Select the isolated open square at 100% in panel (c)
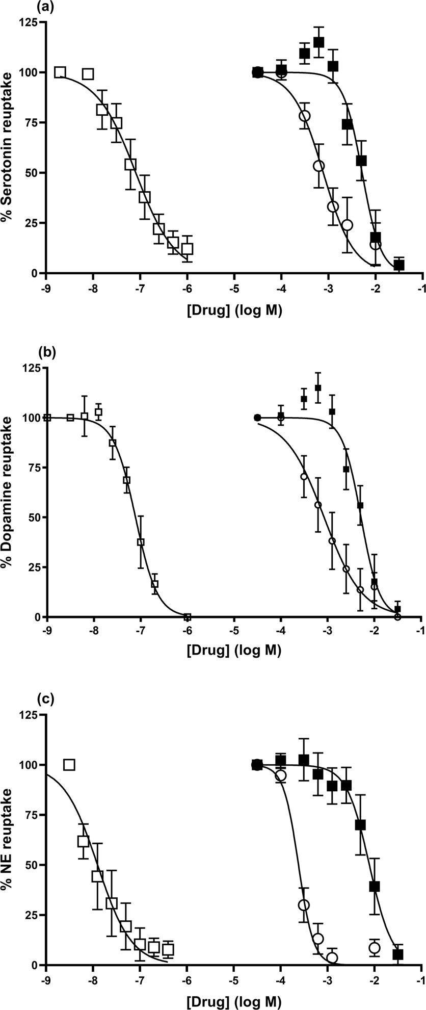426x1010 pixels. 69,765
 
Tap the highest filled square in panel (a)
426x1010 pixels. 319,42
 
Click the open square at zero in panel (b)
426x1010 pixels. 188,617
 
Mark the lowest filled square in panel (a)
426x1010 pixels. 399,265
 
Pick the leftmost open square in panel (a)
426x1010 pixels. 60,72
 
